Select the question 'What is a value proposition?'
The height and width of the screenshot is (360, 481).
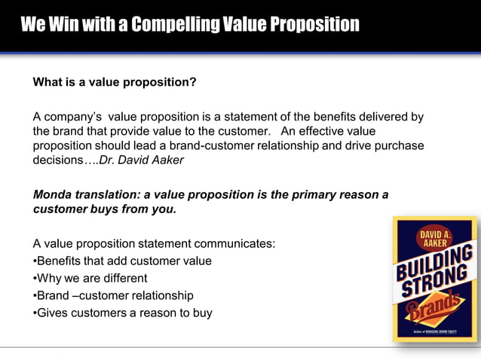(115, 82)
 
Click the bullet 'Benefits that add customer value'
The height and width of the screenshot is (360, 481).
(123, 261)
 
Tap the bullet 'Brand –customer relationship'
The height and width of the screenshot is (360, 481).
(114, 296)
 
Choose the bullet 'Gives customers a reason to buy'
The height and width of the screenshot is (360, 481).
(123, 313)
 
